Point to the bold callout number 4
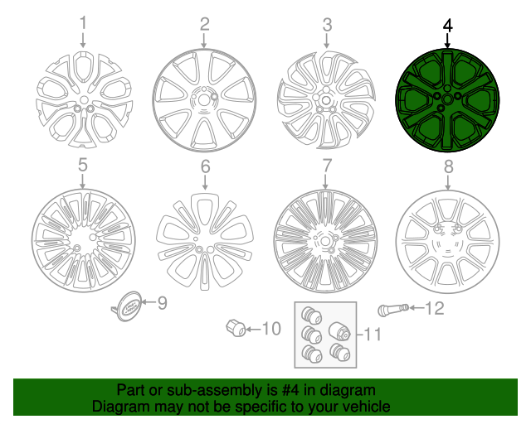[448, 25]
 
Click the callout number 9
[163, 304]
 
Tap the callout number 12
[435, 310]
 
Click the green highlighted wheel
[448, 99]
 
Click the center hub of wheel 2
[203, 99]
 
